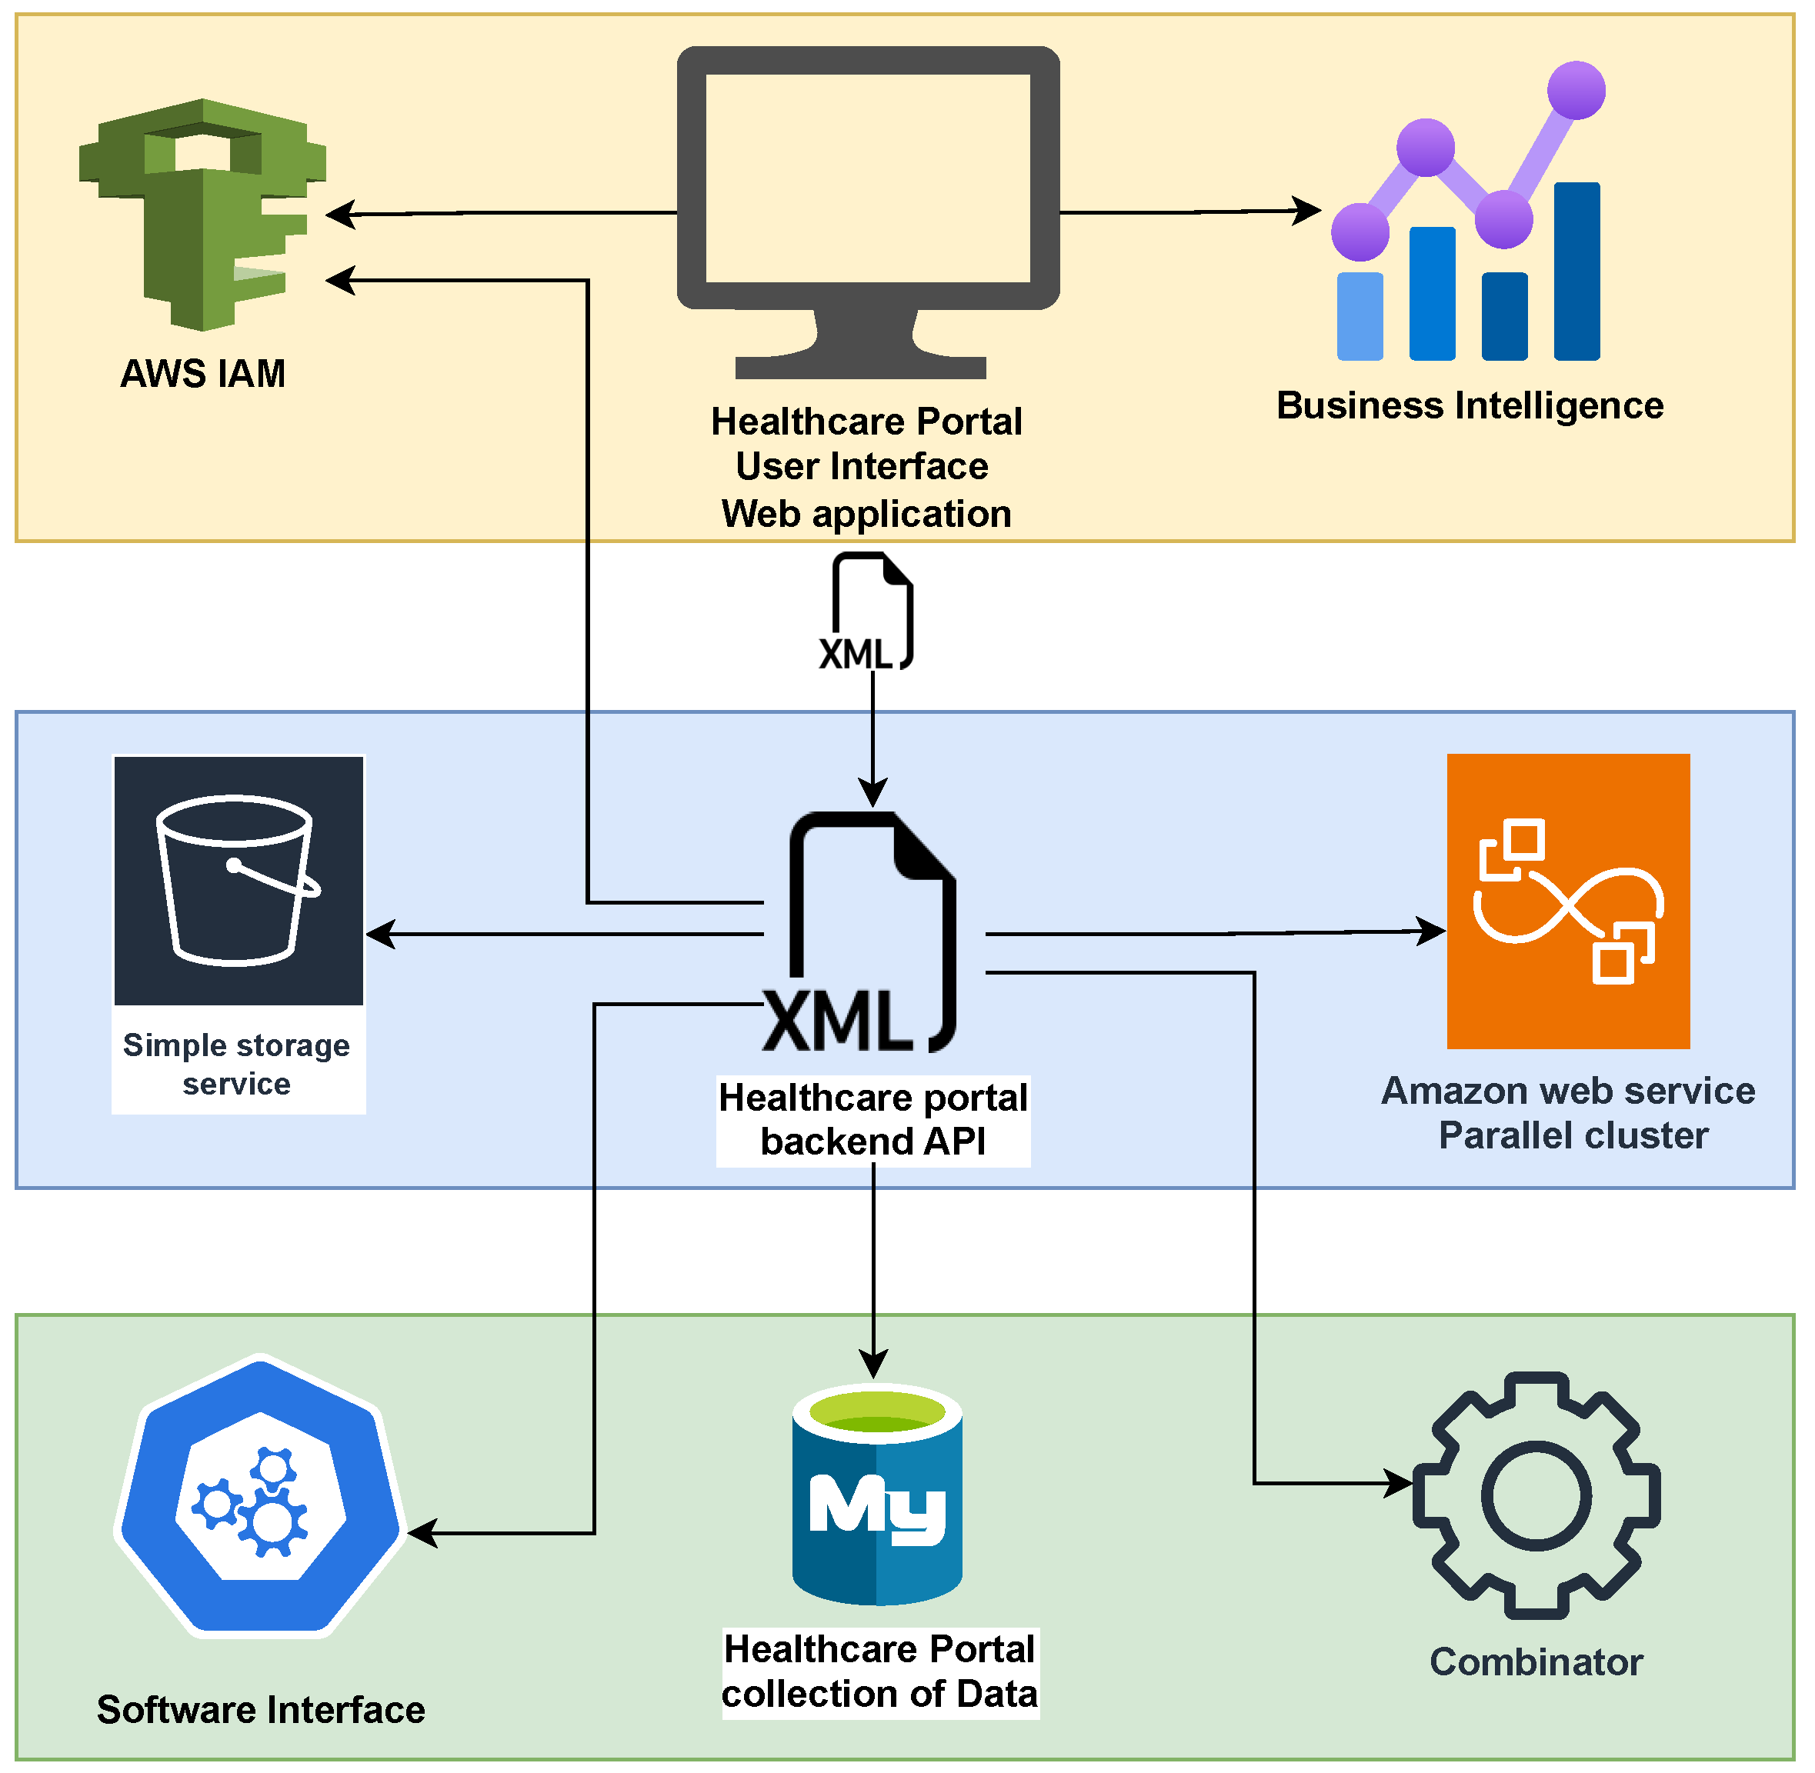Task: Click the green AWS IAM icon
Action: click(202, 214)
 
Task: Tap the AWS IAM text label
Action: click(203, 373)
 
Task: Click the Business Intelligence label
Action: click(1470, 406)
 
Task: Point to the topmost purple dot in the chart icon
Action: click(1576, 90)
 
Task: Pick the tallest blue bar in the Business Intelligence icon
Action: click(1576, 271)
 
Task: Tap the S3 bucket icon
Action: click(239, 880)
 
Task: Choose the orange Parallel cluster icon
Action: click(1568, 901)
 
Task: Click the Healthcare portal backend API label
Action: click(872, 1119)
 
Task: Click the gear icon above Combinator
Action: click(1536, 1495)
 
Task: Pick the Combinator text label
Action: click(1536, 1661)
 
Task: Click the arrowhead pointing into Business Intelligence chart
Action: click(1309, 211)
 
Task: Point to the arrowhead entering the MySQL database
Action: click(872, 1365)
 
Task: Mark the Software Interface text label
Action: click(261, 1710)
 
